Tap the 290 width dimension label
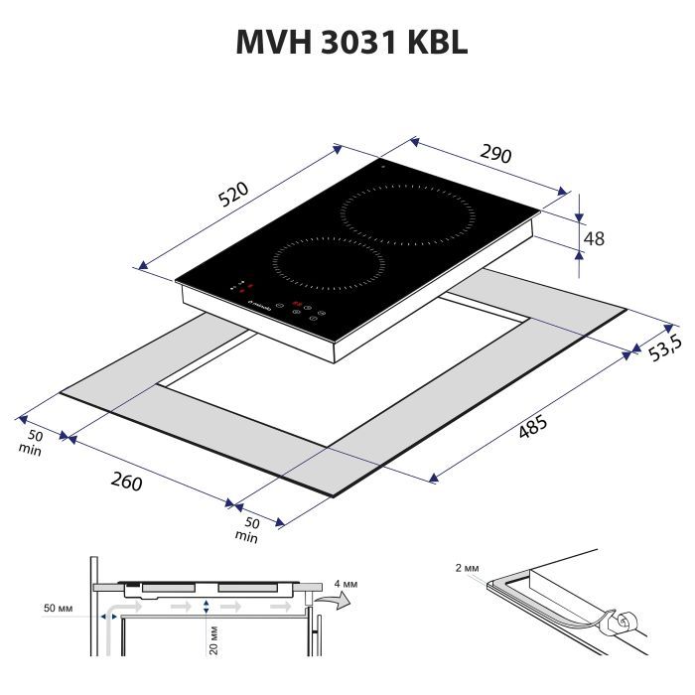[495, 154]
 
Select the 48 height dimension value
[594, 238]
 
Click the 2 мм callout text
[465, 569]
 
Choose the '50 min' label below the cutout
[246, 530]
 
